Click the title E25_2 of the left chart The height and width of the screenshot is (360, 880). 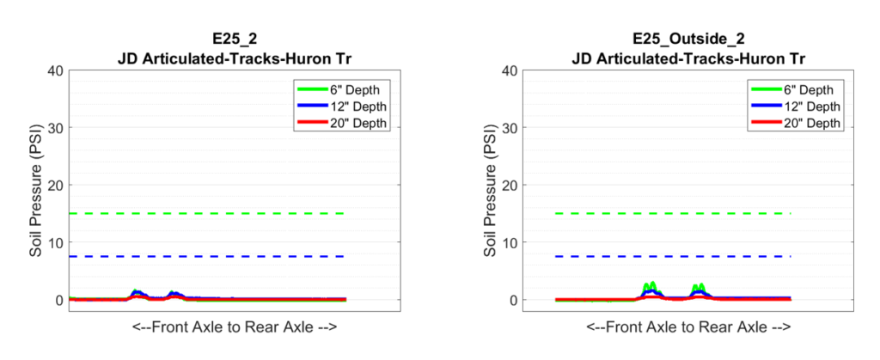pyautogui.click(x=234, y=39)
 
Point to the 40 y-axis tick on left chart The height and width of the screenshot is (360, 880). pyautogui.click(x=52, y=70)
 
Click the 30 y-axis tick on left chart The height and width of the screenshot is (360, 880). pyautogui.click(x=52, y=128)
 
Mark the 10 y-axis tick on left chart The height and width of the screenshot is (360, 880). pyautogui.click(x=52, y=242)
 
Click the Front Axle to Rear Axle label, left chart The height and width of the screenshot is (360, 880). pyautogui.click(x=234, y=327)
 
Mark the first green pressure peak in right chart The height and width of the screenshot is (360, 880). pyautogui.click(x=649, y=285)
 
